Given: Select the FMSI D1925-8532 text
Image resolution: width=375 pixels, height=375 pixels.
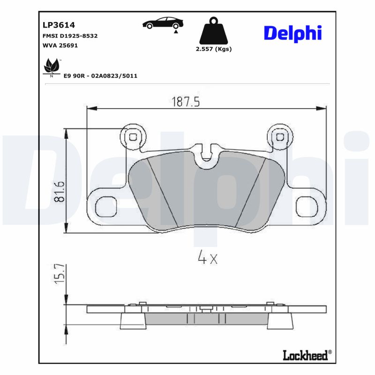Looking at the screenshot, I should pos(67,36).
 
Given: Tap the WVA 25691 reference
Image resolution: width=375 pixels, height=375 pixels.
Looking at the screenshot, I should pos(57,45).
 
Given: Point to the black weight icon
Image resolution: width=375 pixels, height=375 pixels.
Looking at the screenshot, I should pos(213,31).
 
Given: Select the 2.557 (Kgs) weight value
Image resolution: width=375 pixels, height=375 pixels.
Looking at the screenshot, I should pos(214,49).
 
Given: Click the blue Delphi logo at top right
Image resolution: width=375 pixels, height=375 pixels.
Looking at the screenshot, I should pos(292,33).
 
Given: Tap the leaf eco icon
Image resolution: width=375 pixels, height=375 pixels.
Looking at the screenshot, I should pos(51,67).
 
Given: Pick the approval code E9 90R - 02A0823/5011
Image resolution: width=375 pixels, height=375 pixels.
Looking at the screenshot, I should pos(100,76).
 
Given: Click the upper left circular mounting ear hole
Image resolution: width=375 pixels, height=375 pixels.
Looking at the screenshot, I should pos(133,137).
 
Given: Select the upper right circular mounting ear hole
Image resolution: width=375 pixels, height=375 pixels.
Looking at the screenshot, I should pos(280,137).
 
